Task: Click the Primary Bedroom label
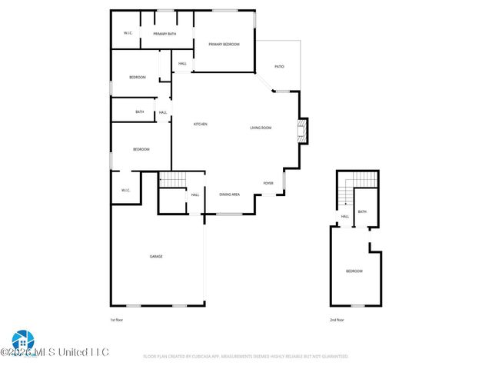[224, 45]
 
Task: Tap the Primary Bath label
[165, 34]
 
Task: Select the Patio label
[280, 67]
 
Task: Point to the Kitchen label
[200, 125]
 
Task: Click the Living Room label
[261, 128]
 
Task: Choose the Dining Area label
[230, 194]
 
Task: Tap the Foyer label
[268, 183]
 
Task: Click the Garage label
[156, 256]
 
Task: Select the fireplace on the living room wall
[304, 131]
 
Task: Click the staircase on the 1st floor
[173, 180]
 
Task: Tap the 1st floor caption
[116, 319]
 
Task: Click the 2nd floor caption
[337, 319]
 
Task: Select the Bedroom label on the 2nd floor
[354, 271]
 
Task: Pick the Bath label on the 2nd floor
[362, 211]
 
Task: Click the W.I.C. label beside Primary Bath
[128, 33]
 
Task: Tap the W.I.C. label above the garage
[125, 190]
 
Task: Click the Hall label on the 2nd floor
[345, 217]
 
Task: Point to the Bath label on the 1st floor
[139, 112]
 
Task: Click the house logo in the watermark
[21, 341]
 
